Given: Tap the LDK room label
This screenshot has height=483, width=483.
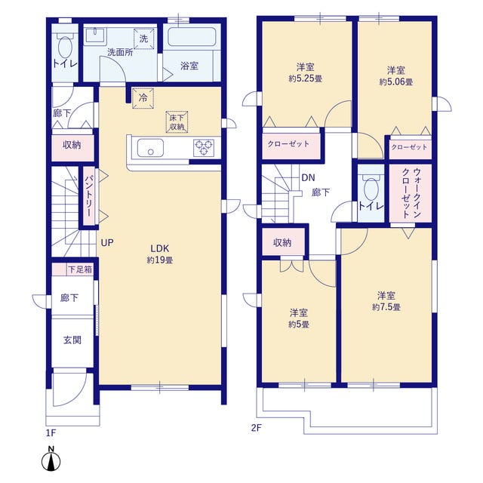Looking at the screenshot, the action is click(159, 248).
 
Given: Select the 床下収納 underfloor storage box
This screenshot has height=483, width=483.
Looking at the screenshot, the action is click(177, 122).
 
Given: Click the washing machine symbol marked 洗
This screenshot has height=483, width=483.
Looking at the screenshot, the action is click(143, 38).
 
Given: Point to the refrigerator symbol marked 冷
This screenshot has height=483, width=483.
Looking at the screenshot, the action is click(143, 98).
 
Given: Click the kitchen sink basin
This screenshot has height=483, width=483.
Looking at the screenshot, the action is click(150, 148).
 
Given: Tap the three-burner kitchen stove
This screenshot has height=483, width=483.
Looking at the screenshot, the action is click(204, 148).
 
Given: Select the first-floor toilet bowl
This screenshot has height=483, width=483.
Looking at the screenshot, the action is click(65, 47).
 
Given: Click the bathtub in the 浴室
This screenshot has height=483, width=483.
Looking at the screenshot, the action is click(192, 37).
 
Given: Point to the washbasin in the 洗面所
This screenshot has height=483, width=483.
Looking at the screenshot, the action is click(96, 35).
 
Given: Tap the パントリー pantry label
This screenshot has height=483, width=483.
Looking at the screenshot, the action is click(89, 196).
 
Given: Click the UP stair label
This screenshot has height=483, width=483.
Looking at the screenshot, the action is click(107, 243).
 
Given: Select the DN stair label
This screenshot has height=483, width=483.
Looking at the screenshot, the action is click(308, 177).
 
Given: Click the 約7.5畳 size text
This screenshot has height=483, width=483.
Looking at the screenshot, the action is click(386, 307).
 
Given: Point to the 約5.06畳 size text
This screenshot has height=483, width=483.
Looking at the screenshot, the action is click(395, 82).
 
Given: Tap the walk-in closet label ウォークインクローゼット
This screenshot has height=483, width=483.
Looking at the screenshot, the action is click(411, 193).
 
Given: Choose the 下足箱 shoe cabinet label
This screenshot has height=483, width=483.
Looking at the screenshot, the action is click(80, 269).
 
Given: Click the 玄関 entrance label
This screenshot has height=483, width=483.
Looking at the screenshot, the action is click(72, 340).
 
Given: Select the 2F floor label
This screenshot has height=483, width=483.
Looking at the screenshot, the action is click(256, 428).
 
